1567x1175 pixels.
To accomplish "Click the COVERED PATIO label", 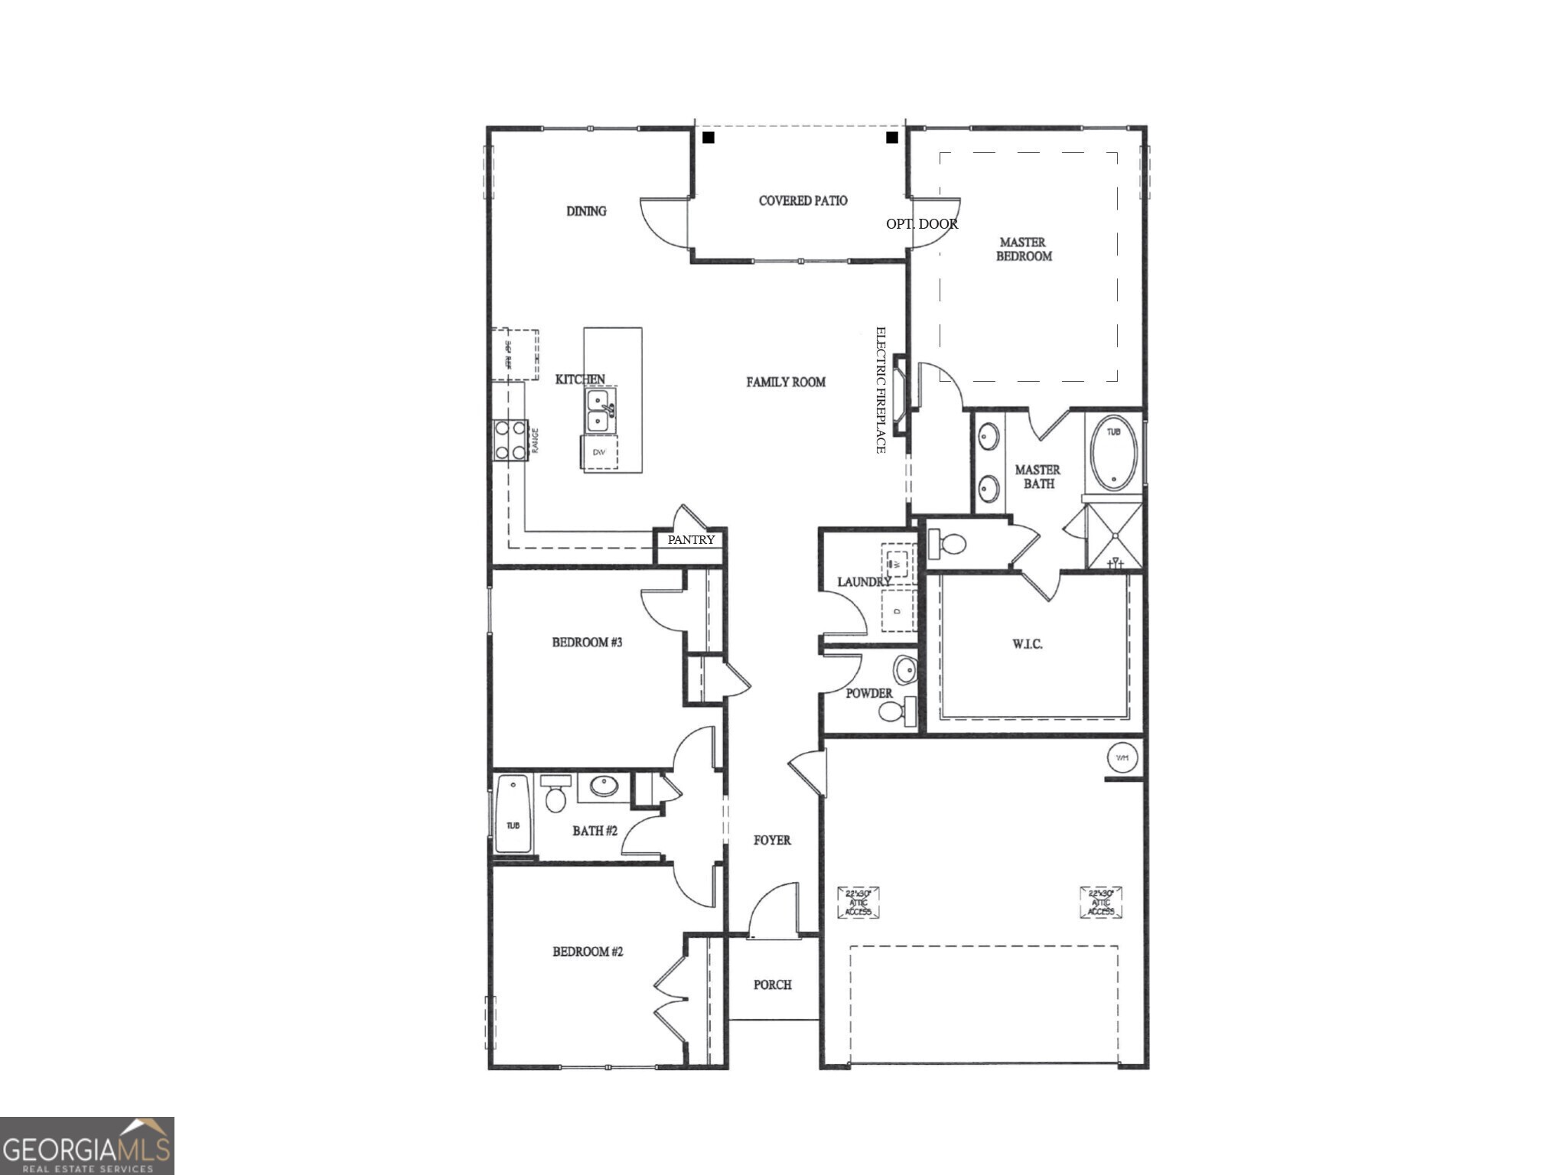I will (803, 200).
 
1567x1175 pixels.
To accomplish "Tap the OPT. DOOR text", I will (921, 223).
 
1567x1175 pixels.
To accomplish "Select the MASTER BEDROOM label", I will (1023, 249).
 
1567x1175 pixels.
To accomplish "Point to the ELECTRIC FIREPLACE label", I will (880, 390).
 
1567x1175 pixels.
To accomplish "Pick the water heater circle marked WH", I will (1122, 757).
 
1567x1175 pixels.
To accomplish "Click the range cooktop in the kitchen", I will (510, 440).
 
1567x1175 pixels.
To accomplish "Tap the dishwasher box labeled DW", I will (599, 453).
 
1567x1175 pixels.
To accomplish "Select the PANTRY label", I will (691, 539).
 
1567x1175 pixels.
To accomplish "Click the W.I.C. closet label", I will (1027, 644).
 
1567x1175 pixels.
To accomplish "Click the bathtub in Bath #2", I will (513, 814).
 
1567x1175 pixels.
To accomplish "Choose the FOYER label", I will (772, 840).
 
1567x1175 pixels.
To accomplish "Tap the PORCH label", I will (772, 985).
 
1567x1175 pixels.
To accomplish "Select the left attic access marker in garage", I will (858, 902).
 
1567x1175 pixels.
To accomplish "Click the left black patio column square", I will (709, 138).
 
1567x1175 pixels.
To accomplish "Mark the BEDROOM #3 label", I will (587, 642).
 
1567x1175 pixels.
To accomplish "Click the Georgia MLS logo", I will (86, 1145).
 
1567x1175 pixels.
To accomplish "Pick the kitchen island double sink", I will (598, 411).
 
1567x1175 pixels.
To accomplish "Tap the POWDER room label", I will (868, 693).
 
